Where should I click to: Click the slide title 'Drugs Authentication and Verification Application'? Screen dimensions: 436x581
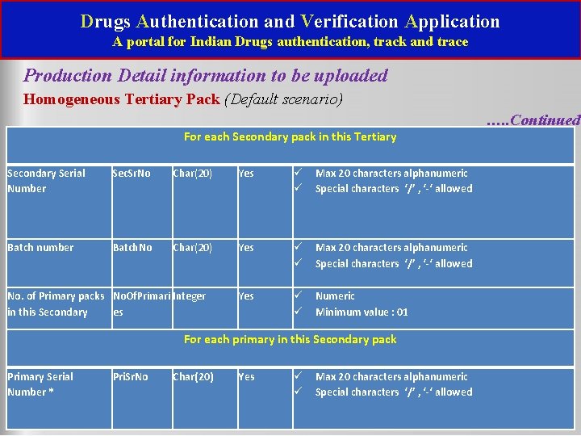[290, 21]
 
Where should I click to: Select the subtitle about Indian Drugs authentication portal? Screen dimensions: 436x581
[290, 41]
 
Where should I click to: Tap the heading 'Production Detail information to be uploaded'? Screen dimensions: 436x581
[206, 76]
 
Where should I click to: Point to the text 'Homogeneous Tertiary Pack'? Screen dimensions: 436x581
[122, 99]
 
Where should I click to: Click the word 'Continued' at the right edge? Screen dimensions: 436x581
[545, 120]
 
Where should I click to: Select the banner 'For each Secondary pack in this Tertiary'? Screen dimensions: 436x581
[290, 136]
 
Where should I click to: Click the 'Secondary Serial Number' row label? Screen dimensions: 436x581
[45, 181]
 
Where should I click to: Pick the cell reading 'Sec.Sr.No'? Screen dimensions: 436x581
[132, 174]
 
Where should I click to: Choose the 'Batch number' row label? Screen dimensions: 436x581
[40, 248]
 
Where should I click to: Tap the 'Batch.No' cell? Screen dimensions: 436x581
[132, 248]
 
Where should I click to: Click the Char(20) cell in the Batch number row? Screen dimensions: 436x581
[193, 248]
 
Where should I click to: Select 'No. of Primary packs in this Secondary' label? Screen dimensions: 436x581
[56, 304]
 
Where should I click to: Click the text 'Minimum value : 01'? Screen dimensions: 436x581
[362, 312]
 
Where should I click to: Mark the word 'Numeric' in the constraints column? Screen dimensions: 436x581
[335, 296]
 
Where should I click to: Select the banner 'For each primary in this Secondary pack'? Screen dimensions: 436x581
[290, 339]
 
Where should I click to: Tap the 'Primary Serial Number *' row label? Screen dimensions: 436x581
[40, 384]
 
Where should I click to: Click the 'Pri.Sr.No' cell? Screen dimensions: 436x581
[131, 377]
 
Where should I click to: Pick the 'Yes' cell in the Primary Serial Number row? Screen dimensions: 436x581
[246, 377]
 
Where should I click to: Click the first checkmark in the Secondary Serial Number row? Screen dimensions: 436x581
[297, 173]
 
